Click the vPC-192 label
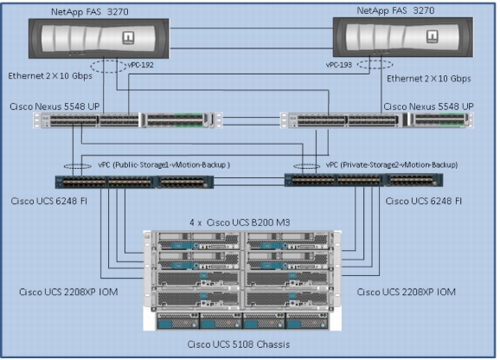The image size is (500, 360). [x=141, y=65]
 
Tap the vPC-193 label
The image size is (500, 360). [x=338, y=65]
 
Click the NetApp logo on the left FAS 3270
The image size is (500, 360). [x=128, y=37]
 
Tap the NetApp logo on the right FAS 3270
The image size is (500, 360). [x=433, y=36]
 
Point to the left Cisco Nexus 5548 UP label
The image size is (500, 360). [x=54, y=106]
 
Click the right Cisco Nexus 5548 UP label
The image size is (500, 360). [x=428, y=106]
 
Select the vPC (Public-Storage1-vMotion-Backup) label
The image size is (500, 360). [x=163, y=164]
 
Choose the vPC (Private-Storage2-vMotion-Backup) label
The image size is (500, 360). [x=392, y=164]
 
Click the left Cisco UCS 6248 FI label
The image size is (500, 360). [x=48, y=201]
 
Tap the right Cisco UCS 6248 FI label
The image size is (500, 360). [x=424, y=201]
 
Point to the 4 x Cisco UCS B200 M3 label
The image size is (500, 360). [x=240, y=222]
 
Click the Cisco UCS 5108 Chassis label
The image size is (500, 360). [x=239, y=344]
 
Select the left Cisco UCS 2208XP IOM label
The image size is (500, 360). [x=68, y=292]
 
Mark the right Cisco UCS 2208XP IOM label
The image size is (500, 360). [x=407, y=292]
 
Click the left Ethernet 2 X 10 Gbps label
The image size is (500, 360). [x=50, y=76]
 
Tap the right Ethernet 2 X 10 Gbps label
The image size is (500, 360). [x=429, y=79]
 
